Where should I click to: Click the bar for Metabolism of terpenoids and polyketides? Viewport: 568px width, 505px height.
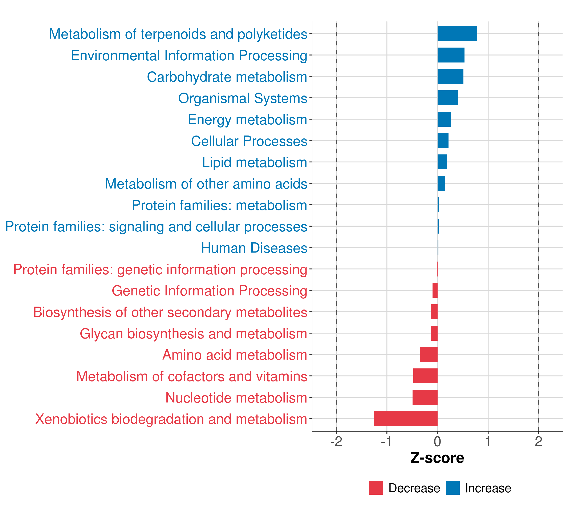click(457, 34)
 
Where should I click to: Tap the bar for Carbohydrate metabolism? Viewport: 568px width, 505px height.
click(450, 76)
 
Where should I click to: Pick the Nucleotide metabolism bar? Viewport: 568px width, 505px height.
click(425, 397)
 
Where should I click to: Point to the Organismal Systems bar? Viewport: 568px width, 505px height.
click(447, 98)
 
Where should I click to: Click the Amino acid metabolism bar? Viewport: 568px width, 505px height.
click(429, 354)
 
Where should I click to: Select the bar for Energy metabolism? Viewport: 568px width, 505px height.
click(444, 119)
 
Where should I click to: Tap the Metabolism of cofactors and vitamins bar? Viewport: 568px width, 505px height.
click(425, 376)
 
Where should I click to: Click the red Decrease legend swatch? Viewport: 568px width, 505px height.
click(376, 488)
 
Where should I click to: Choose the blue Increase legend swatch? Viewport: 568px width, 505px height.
click(452, 488)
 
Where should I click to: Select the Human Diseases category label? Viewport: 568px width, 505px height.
click(254, 248)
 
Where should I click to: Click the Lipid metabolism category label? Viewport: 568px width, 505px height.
click(254, 162)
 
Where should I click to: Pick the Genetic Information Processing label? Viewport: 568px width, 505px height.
click(209, 291)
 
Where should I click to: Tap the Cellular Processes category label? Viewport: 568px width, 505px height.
click(249, 141)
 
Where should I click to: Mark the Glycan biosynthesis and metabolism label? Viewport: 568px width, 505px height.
click(193, 334)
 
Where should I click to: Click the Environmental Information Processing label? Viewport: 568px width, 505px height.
click(189, 55)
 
